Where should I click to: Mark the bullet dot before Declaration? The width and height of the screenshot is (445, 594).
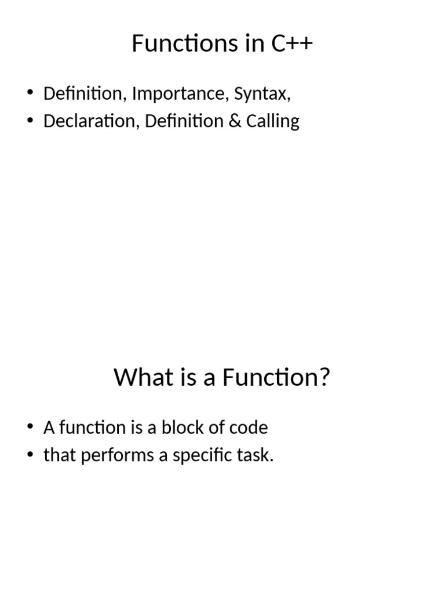click(31, 122)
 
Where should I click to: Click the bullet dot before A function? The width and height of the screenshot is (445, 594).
click(31, 428)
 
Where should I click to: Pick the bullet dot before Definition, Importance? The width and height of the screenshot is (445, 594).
click(31, 94)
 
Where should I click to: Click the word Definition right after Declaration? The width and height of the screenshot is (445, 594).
click(184, 121)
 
